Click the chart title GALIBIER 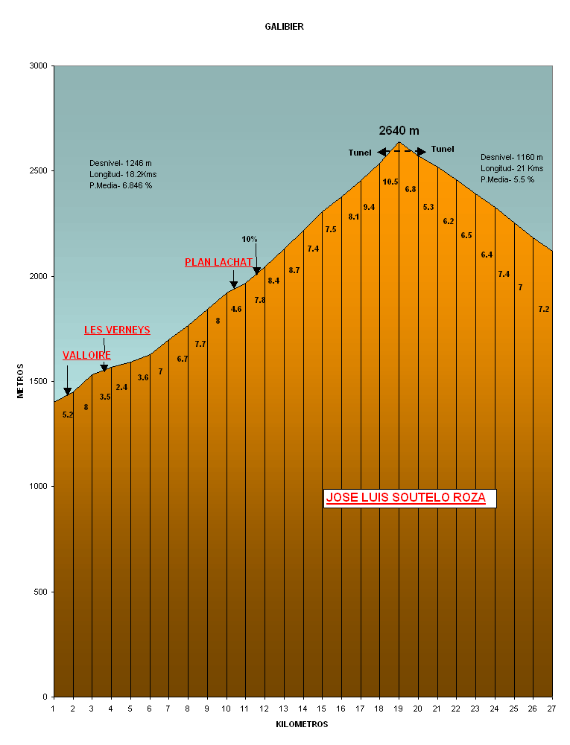[x=284, y=27]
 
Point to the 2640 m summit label [x=399, y=130]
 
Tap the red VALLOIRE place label [x=86, y=356]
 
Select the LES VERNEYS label [x=117, y=330]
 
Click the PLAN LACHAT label [x=218, y=262]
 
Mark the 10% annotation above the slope [x=250, y=239]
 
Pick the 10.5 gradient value [x=390, y=182]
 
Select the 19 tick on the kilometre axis [x=398, y=708]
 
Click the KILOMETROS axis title [x=302, y=724]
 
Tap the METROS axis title [x=21, y=380]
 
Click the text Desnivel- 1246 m [x=121, y=163]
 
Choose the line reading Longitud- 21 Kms [x=510, y=168]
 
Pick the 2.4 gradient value [x=121, y=387]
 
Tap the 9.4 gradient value [x=369, y=207]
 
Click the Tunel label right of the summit [x=443, y=149]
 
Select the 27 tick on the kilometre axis [x=551, y=708]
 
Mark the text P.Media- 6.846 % [x=121, y=185]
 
